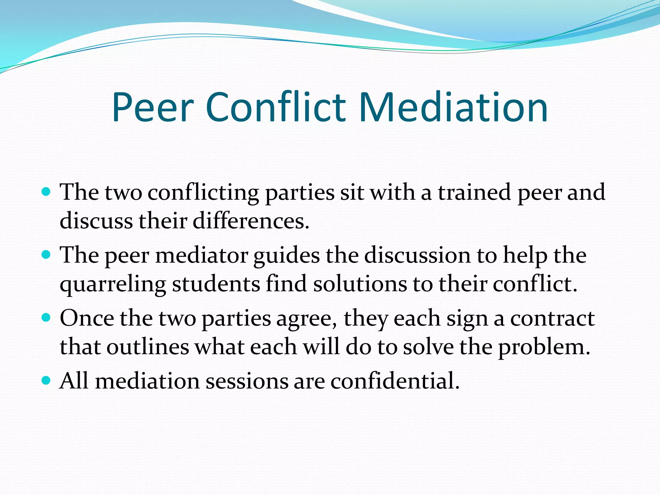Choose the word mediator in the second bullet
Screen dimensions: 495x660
(202, 255)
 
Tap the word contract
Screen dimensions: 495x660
(552, 319)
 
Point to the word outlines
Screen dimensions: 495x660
(148, 347)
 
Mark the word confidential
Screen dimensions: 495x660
(395, 381)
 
